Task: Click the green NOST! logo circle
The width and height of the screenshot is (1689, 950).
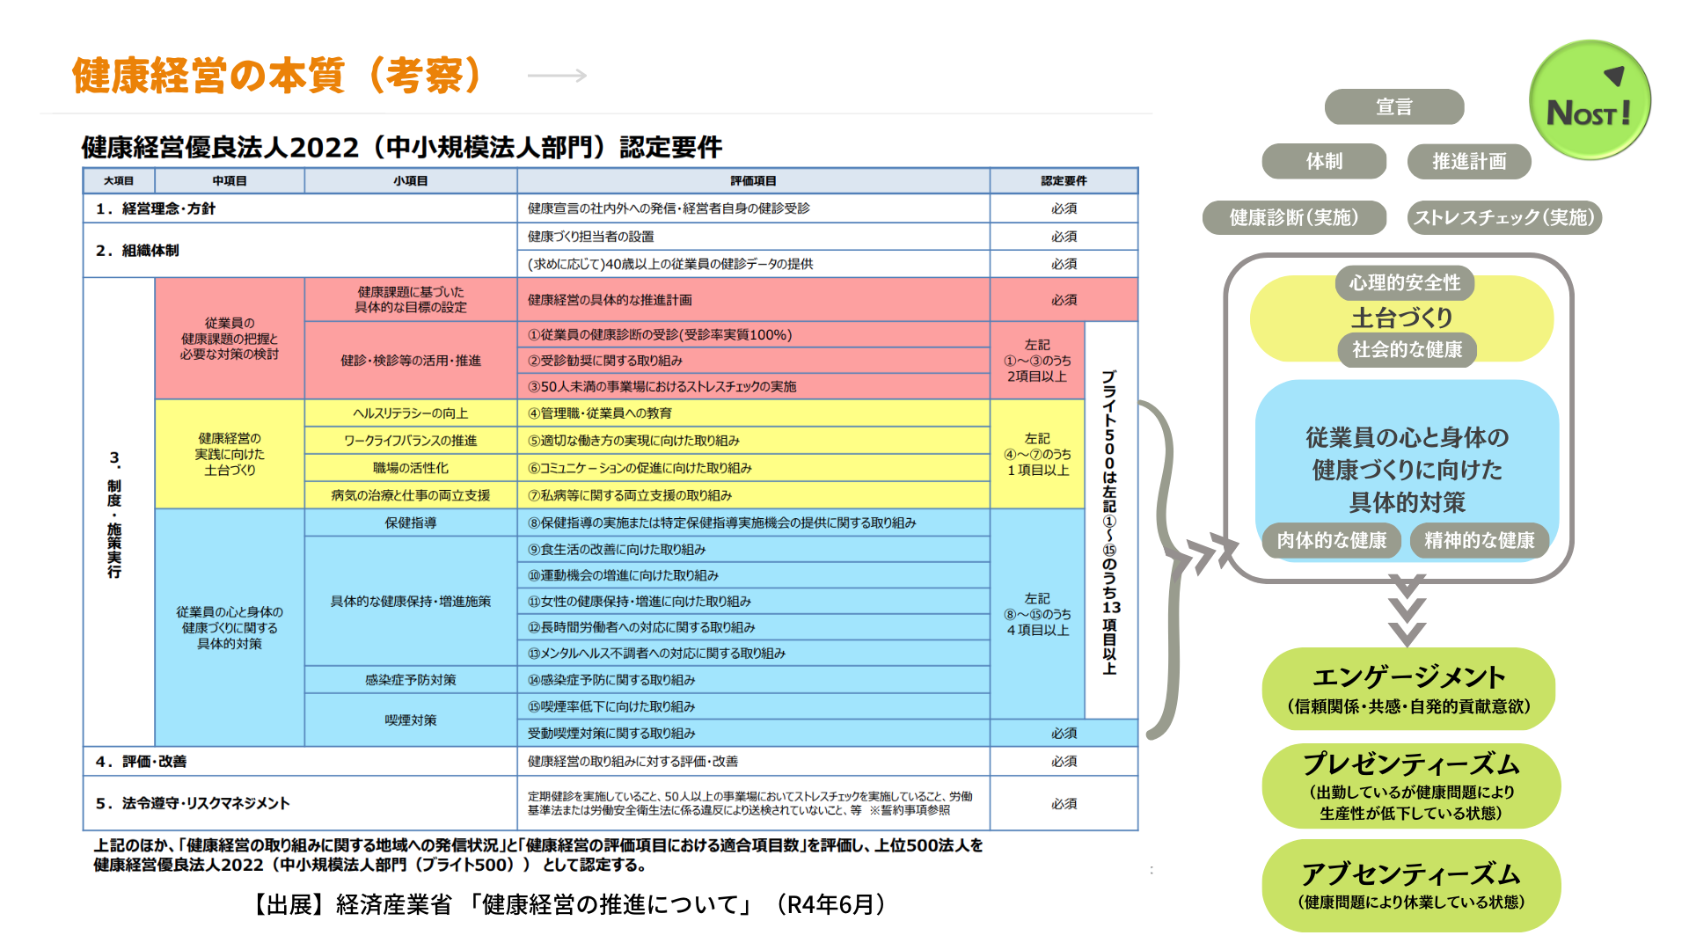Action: (x=1590, y=99)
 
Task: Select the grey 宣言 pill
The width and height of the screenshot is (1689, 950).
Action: (x=1394, y=107)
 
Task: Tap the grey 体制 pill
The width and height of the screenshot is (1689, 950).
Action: (x=1324, y=162)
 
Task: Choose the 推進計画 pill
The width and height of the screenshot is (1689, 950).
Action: (x=1469, y=162)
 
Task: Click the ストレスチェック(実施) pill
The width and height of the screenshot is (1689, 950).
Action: (x=1503, y=217)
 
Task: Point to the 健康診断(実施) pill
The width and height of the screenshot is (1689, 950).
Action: (x=1294, y=217)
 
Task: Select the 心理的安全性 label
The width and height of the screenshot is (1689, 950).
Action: (x=1405, y=282)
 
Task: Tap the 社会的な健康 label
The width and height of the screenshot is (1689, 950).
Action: (x=1407, y=349)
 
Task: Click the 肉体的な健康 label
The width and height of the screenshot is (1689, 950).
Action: (x=1331, y=540)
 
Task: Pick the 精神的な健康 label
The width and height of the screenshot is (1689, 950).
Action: (x=1479, y=540)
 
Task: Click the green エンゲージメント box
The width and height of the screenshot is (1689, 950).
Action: (x=1408, y=689)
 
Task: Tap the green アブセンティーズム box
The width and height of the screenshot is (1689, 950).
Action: (x=1411, y=885)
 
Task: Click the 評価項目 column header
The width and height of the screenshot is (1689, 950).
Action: (x=753, y=181)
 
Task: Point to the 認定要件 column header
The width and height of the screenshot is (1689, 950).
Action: (x=1064, y=181)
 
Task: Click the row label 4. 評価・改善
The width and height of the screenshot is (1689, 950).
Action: (x=142, y=762)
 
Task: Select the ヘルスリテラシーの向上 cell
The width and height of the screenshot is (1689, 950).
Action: (x=410, y=413)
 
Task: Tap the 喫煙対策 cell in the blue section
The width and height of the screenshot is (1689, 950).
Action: (x=410, y=720)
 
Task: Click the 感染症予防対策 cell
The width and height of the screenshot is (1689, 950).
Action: (x=410, y=680)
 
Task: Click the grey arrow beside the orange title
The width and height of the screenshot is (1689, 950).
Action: (x=557, y=76)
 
